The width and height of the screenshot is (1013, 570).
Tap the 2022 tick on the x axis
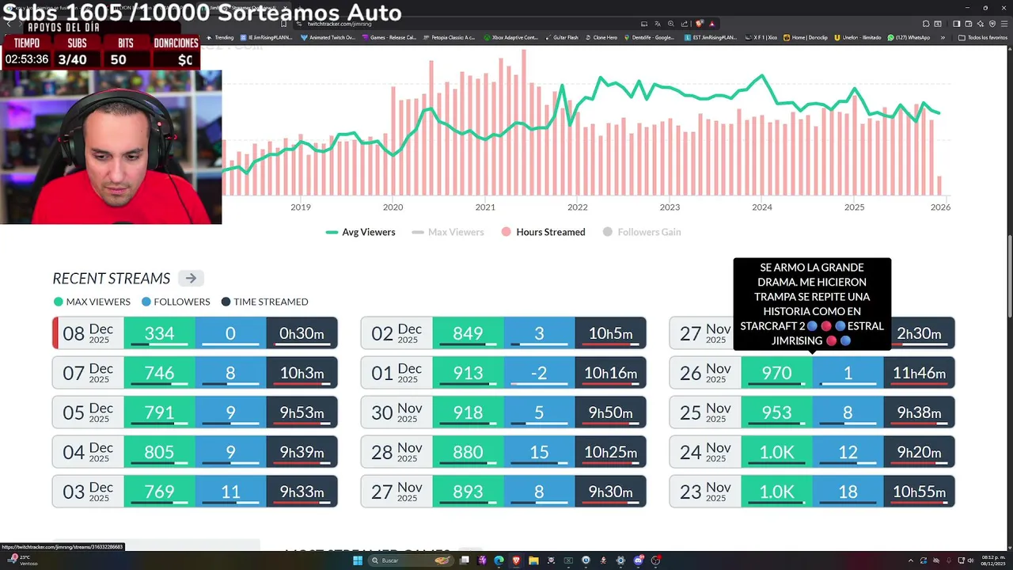577,207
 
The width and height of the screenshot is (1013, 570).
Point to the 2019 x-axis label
300,207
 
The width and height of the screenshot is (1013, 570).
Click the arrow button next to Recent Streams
191,278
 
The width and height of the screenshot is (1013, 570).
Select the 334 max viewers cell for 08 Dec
159,333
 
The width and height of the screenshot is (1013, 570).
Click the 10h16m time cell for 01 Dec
610,373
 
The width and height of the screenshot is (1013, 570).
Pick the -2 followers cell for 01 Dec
539,373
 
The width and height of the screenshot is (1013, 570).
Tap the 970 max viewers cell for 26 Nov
776,373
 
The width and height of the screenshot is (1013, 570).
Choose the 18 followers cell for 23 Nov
848,492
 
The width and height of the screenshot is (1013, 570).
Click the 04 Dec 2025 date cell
88,452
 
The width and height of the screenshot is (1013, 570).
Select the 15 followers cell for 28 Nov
539,452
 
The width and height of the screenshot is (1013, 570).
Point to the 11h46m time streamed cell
919,373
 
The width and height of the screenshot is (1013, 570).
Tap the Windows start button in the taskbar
358,560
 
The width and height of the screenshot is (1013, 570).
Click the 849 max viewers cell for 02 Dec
468,333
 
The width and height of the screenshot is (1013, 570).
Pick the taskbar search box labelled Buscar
404,560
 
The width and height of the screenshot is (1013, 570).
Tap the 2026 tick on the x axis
940,207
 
